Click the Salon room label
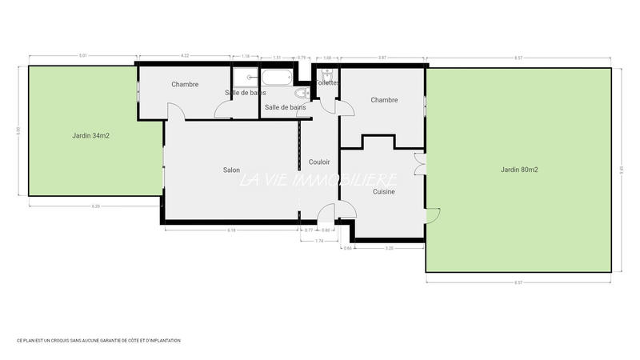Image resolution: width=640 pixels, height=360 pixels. point(231,170)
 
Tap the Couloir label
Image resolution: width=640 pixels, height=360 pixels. point(320,162)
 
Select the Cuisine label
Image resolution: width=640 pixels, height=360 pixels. point(383,192)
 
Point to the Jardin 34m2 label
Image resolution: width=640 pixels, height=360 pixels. point(90,135)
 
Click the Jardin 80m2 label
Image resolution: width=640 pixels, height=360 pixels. point(519,170)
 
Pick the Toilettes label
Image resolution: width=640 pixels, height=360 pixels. point(327,83)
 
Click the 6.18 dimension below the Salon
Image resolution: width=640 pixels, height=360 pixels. point(231,230)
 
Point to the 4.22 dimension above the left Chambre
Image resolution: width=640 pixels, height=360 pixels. point(185,56)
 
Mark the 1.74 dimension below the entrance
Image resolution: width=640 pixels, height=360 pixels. point(319,241)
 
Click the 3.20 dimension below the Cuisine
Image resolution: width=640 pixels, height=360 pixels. point(390,248)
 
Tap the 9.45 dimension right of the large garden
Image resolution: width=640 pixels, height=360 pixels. point(622,169)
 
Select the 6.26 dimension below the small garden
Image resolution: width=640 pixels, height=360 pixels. point(96,206)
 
